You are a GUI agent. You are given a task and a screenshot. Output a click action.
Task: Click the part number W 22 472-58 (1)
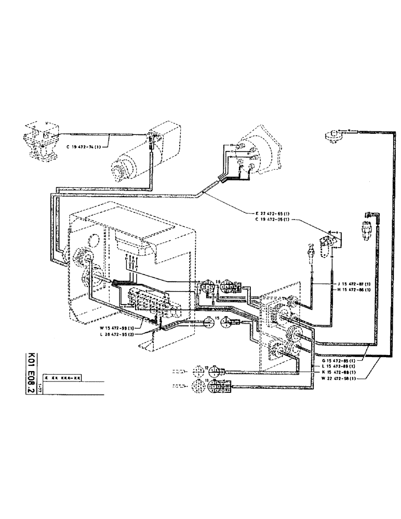[x=341, y=379]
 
